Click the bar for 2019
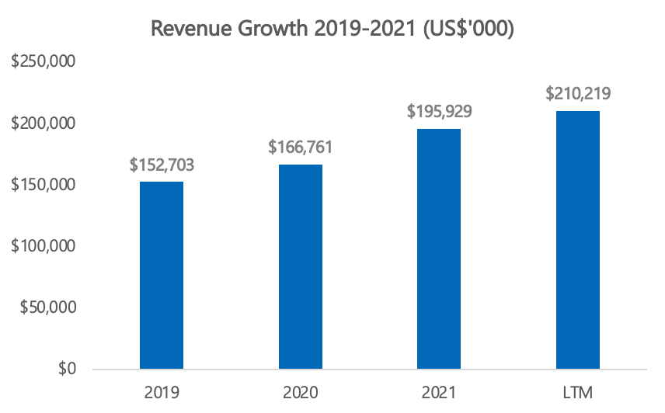(162, 275)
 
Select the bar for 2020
(301, 266)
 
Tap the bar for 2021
(439, 248)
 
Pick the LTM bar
(578, 240)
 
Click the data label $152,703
(162, 165)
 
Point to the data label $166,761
(301, 147)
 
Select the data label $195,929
(439, 111)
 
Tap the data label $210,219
(578, 94)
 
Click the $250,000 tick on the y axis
(43, 63)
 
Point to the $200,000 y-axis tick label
(43, 124)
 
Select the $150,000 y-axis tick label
(43, 186)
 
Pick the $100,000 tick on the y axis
(43, 246)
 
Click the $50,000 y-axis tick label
(47, 307)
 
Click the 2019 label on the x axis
(162, 391)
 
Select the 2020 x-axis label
(301, 391)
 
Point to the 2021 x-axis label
(439, 391)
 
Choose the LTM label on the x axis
(578, 391)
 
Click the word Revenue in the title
(183, 29)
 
